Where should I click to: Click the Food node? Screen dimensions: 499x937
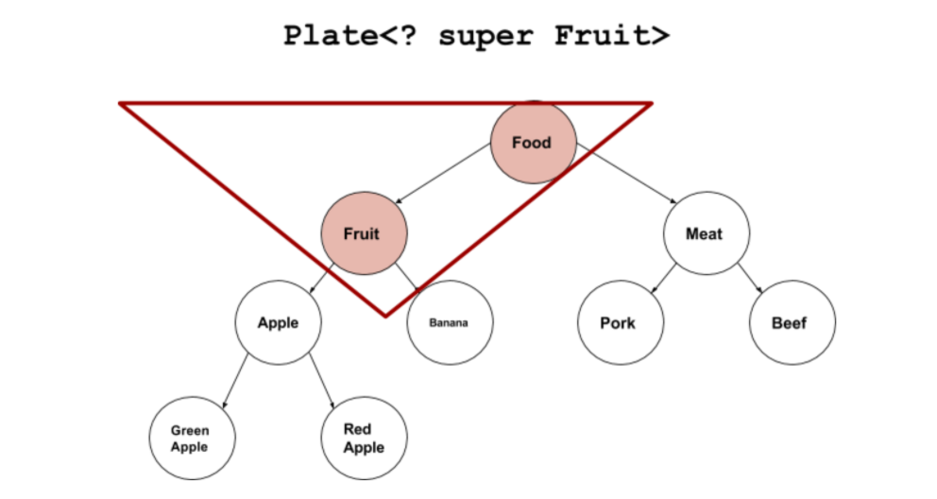(x=533, y=143)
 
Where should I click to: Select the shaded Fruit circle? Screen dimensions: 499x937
(x=364, y=232)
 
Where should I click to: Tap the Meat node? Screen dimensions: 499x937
(x=705, y=232)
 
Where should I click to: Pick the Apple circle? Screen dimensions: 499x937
(x=278, y=322)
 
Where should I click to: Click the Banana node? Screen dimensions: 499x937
(x=449, y=322)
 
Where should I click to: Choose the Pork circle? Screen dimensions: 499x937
(x=620, y=322)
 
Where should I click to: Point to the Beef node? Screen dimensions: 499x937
(x=791, y=322)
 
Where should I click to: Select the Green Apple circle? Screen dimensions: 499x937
(x=191, y=438)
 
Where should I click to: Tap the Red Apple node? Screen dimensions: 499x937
(x=364, y=438)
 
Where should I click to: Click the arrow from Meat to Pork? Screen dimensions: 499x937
(x=663, y=275)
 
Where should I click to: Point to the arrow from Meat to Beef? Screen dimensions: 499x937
(x=748, y=275)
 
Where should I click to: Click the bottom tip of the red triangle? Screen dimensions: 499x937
(x=385, y=315)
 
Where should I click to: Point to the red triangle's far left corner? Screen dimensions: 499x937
(x=123, y=104)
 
